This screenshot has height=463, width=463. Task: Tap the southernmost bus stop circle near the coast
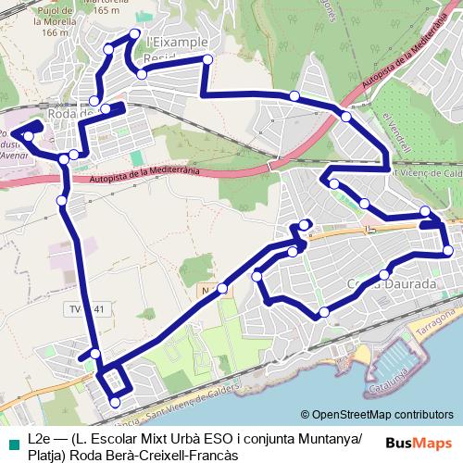coord(115,402)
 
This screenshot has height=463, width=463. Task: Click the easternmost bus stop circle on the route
coord(448,251)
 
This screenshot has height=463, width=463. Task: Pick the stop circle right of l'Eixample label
coord(207,60)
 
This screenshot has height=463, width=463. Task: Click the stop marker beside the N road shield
coord(222,289)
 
